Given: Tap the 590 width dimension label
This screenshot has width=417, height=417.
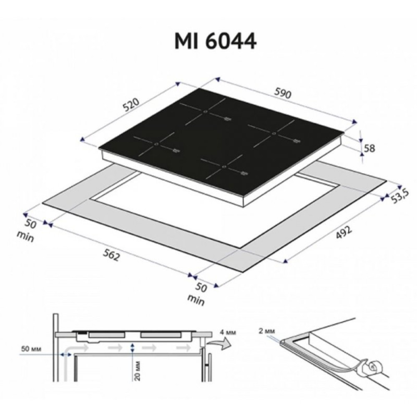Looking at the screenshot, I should tap(282, 94).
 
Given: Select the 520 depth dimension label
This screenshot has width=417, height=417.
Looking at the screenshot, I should tap(132, 107).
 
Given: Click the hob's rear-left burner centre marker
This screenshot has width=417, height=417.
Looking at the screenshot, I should tap(206, 111).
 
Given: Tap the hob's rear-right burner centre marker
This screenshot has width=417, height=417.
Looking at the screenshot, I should tap(274, 133).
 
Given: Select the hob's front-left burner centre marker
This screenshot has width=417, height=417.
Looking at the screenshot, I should tap(156, 144).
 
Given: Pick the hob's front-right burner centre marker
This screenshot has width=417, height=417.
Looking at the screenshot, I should tap(224, 167).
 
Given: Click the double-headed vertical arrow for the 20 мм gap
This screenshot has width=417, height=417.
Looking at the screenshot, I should tap(133, 349).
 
